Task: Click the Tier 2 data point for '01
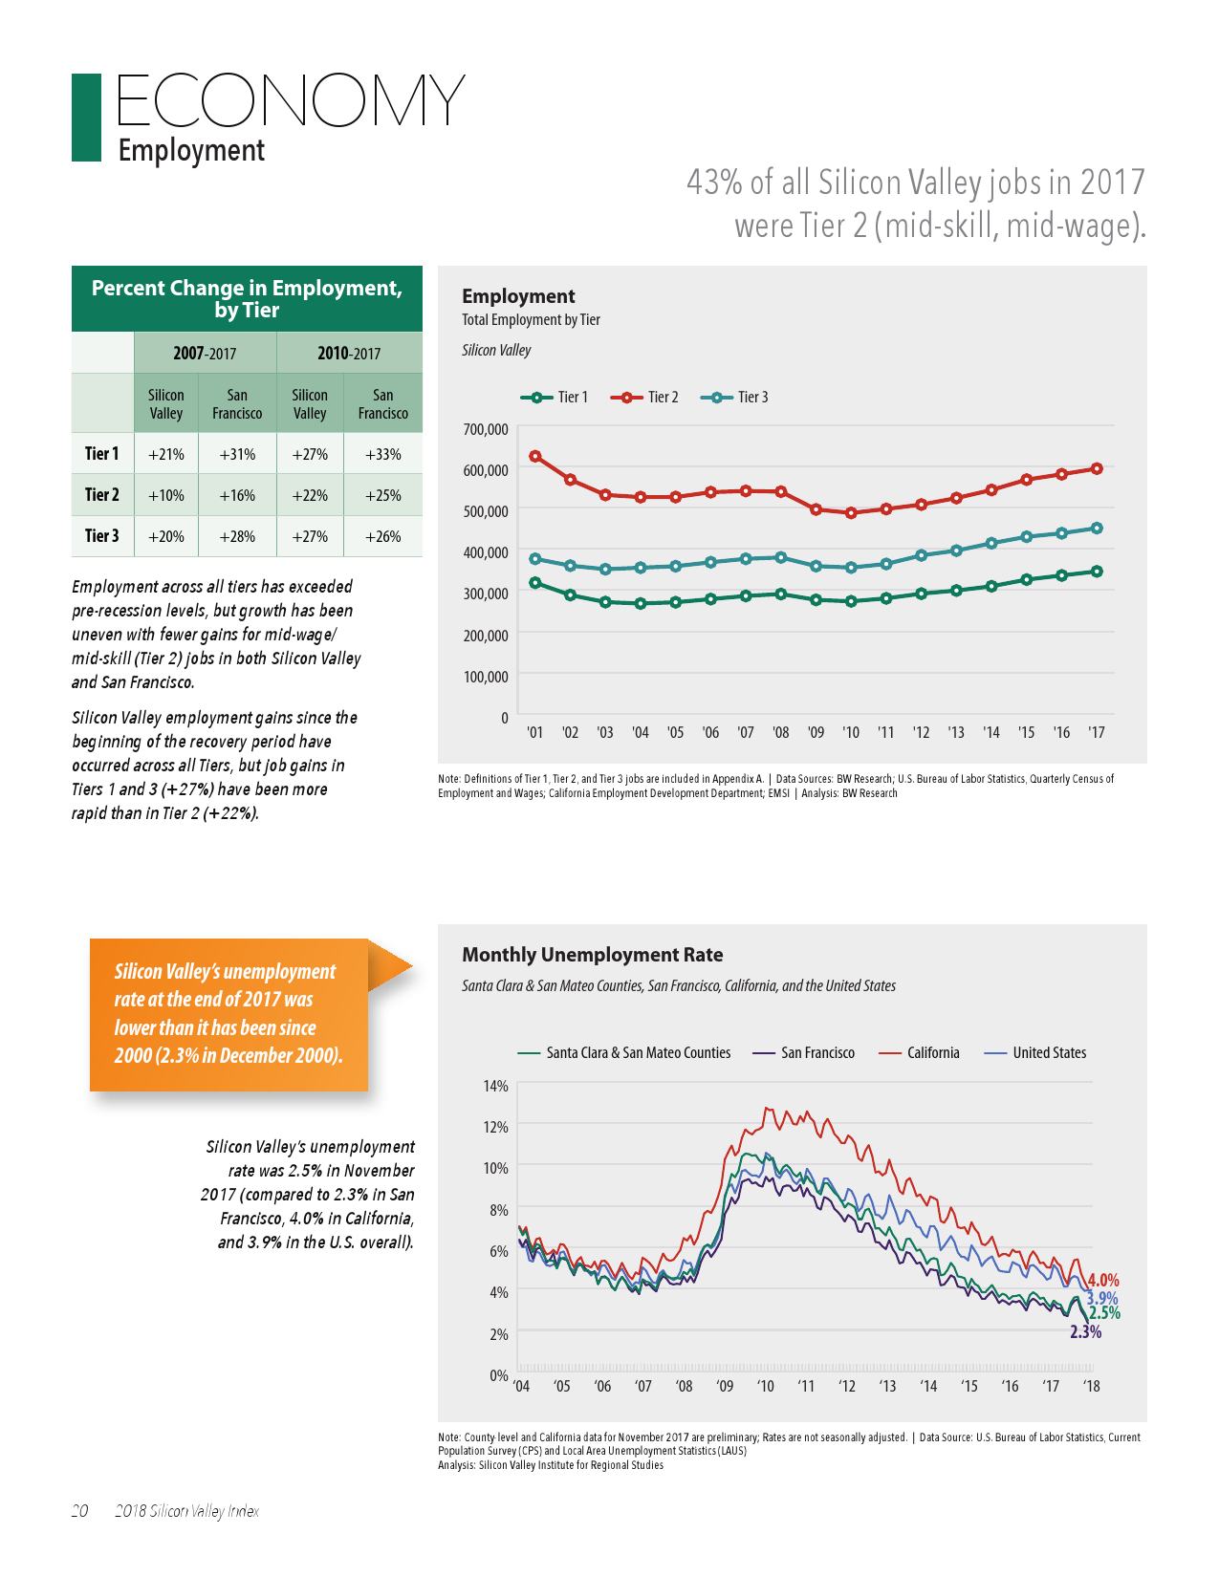535,456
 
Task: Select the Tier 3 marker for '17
1097,528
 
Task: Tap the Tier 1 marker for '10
851,601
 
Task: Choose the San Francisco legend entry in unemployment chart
804,1052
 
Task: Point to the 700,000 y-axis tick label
486,429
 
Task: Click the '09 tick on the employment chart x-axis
816,733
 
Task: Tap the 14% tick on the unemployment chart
495,1086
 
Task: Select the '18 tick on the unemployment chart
1091,1386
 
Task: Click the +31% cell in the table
237,454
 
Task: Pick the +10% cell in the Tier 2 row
166,495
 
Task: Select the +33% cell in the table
382,454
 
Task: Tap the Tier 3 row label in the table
102,536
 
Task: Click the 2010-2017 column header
349,354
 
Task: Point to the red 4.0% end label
1103,1280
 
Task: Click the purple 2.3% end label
1085,1332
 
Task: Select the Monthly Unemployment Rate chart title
593,955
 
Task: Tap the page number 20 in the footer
80,1511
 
